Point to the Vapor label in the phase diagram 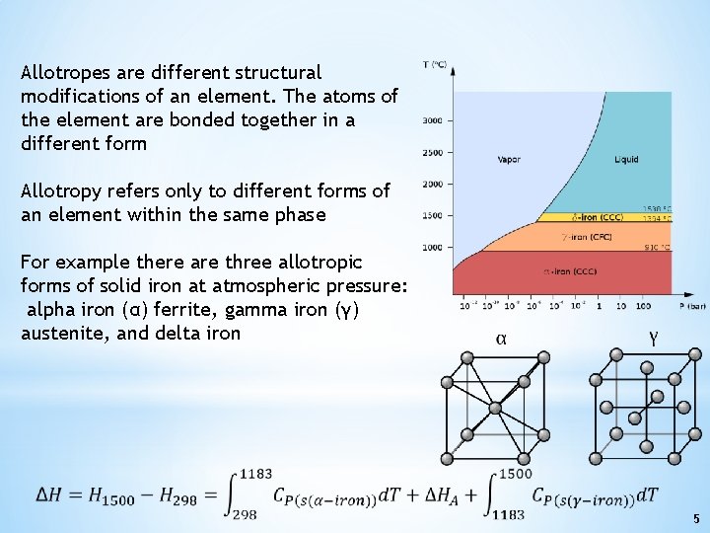pos(509,159)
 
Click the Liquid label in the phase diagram pos(626,159)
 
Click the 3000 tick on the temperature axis pos(433,121)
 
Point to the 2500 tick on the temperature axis pos(433,153)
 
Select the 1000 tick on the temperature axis pos(433,247)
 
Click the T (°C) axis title pos(435,65)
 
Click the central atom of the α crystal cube pos(495,407)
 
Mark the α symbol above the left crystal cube pos(501,339)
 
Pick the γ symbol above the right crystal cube pos(653,338)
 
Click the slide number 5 pos(695,518)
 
